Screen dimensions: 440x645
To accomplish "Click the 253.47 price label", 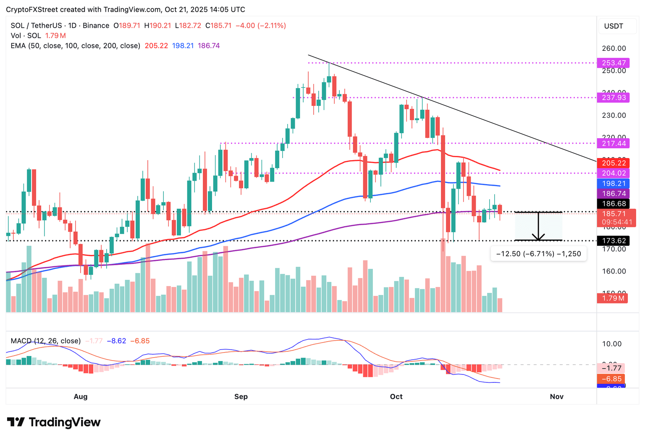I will pos(614,63).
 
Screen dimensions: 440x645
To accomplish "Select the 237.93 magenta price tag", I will pos(614,98).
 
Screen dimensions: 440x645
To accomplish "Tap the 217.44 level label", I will pos(614,144).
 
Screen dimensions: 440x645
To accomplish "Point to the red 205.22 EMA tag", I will pos(614,163).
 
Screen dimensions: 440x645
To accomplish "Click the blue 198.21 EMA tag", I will pos(614,184).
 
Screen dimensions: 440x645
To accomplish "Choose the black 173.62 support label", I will pos(614,241).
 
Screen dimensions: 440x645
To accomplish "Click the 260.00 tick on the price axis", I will pos(614,48).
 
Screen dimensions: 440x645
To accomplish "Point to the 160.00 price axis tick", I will pos(614,271).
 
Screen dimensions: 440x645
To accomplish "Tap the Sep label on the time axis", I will pos(241,397).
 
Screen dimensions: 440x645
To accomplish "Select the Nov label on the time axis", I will pos(556,397).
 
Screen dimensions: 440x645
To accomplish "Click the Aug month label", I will pos(81,397).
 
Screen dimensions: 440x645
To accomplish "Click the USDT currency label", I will pos(614,26).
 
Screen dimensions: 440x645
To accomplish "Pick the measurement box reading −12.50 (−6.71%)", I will pos(538,254).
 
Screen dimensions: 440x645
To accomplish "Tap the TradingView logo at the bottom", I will pos(54,422).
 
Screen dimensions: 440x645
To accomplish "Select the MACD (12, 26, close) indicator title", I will pos(46,341).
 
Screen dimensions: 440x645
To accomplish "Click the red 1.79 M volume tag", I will pos(612,298).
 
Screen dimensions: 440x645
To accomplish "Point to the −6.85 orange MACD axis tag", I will pos(611,379).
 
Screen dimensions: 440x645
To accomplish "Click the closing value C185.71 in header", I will pos(218,26).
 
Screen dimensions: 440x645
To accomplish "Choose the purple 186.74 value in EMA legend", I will pos(209,46).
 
